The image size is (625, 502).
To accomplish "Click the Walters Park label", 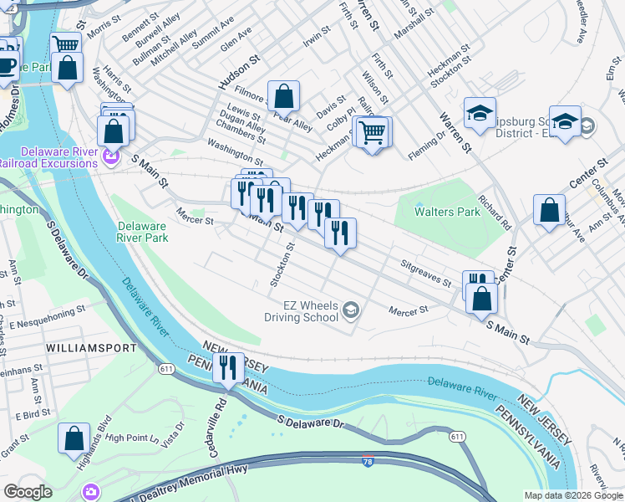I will pyautogui.click(x=448, y=213).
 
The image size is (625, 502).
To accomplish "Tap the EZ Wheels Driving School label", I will pyautogui.click(x=302, y=310).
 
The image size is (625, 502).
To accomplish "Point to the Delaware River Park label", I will pyautogui.click(x=143, y=232).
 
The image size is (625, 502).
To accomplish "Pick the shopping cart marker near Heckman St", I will pyautogui.click(x=372, y=131).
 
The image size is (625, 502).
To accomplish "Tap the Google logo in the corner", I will pyautogui.click(x=28, y=492).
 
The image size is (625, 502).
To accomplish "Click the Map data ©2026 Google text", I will pyautogui.click(x=572, y=495).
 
